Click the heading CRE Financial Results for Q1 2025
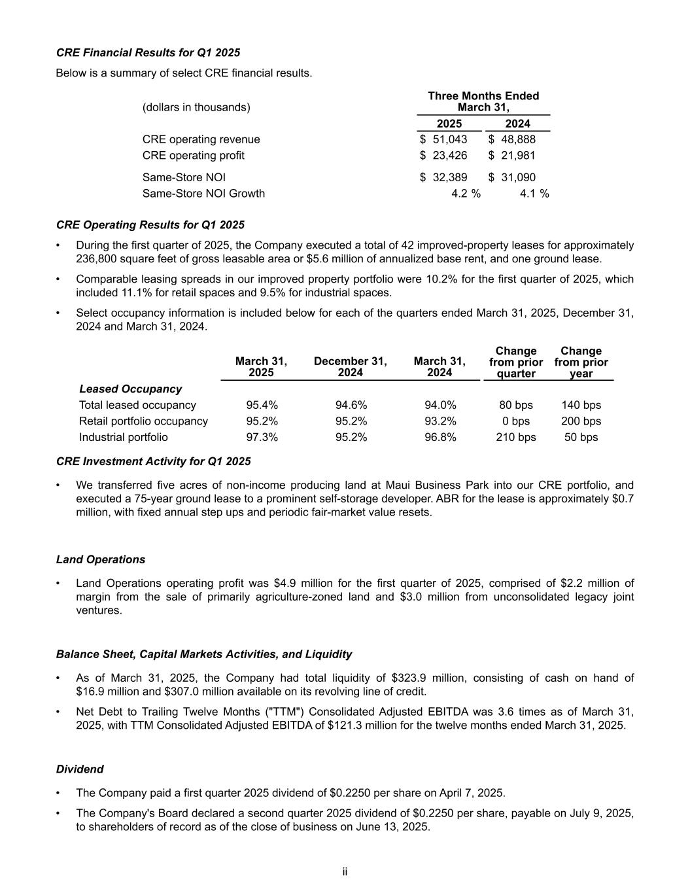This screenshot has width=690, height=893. click(x=148, y=52)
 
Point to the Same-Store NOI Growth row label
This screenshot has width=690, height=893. click(x=203, y=194)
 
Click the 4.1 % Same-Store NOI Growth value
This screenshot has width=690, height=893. click(x=534, y=194)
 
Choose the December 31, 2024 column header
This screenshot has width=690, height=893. click(x=350, y=366)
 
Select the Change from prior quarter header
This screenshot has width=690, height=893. click(x=516, y=362)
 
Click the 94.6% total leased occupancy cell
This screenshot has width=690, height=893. click(x=351, y=406)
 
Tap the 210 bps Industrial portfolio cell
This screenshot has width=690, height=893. click(x=516, y=437)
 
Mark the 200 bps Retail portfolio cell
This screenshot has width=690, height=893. click(x=581, y=421)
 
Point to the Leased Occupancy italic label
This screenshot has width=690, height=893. click(x=130, y=389)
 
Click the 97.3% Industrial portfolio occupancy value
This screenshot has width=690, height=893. click(x=262, y=437)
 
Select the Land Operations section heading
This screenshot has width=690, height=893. click(x=101, y=560)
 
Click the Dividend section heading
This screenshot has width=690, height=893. click(x=80, y=769)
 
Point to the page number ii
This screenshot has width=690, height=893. click(x=345, y=872)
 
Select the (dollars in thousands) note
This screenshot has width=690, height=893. click(x=196, y=107)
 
